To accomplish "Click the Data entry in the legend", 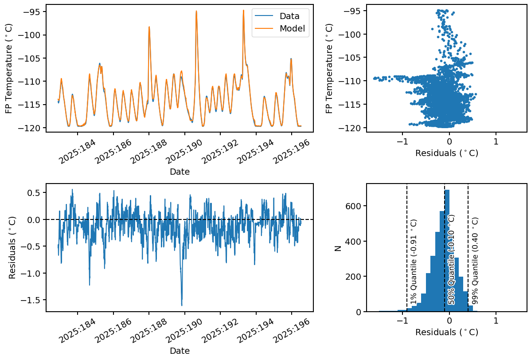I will coord(289,16).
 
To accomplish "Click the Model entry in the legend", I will coord(291,28).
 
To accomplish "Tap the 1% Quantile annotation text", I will coord(414,262).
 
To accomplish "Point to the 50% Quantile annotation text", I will coord(451,259).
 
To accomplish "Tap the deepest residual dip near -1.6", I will coord(182,305).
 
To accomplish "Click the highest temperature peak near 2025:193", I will coord(243,10).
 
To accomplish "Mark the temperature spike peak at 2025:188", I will coord(149,27).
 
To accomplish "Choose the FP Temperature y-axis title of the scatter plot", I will coord(329,68).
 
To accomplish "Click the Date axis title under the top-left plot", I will coord(180,172).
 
